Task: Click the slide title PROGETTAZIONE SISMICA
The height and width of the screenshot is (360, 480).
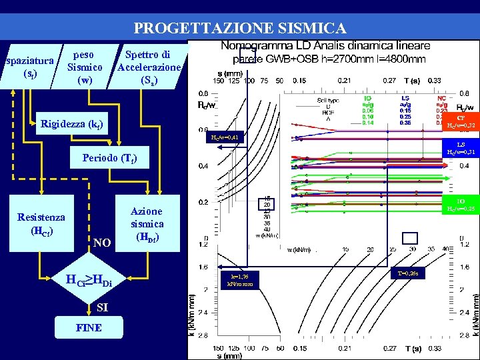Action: coord(240,28)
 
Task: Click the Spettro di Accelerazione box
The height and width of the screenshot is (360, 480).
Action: coord(147,67)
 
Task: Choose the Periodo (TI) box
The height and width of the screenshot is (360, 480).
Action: coord(111,159)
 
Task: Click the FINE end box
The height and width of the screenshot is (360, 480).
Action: coord(89,328)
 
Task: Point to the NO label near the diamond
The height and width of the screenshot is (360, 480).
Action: coord(102,243)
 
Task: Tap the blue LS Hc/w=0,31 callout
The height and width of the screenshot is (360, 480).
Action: coord(460,149)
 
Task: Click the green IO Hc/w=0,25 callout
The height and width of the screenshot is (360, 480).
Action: coord(460,205)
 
